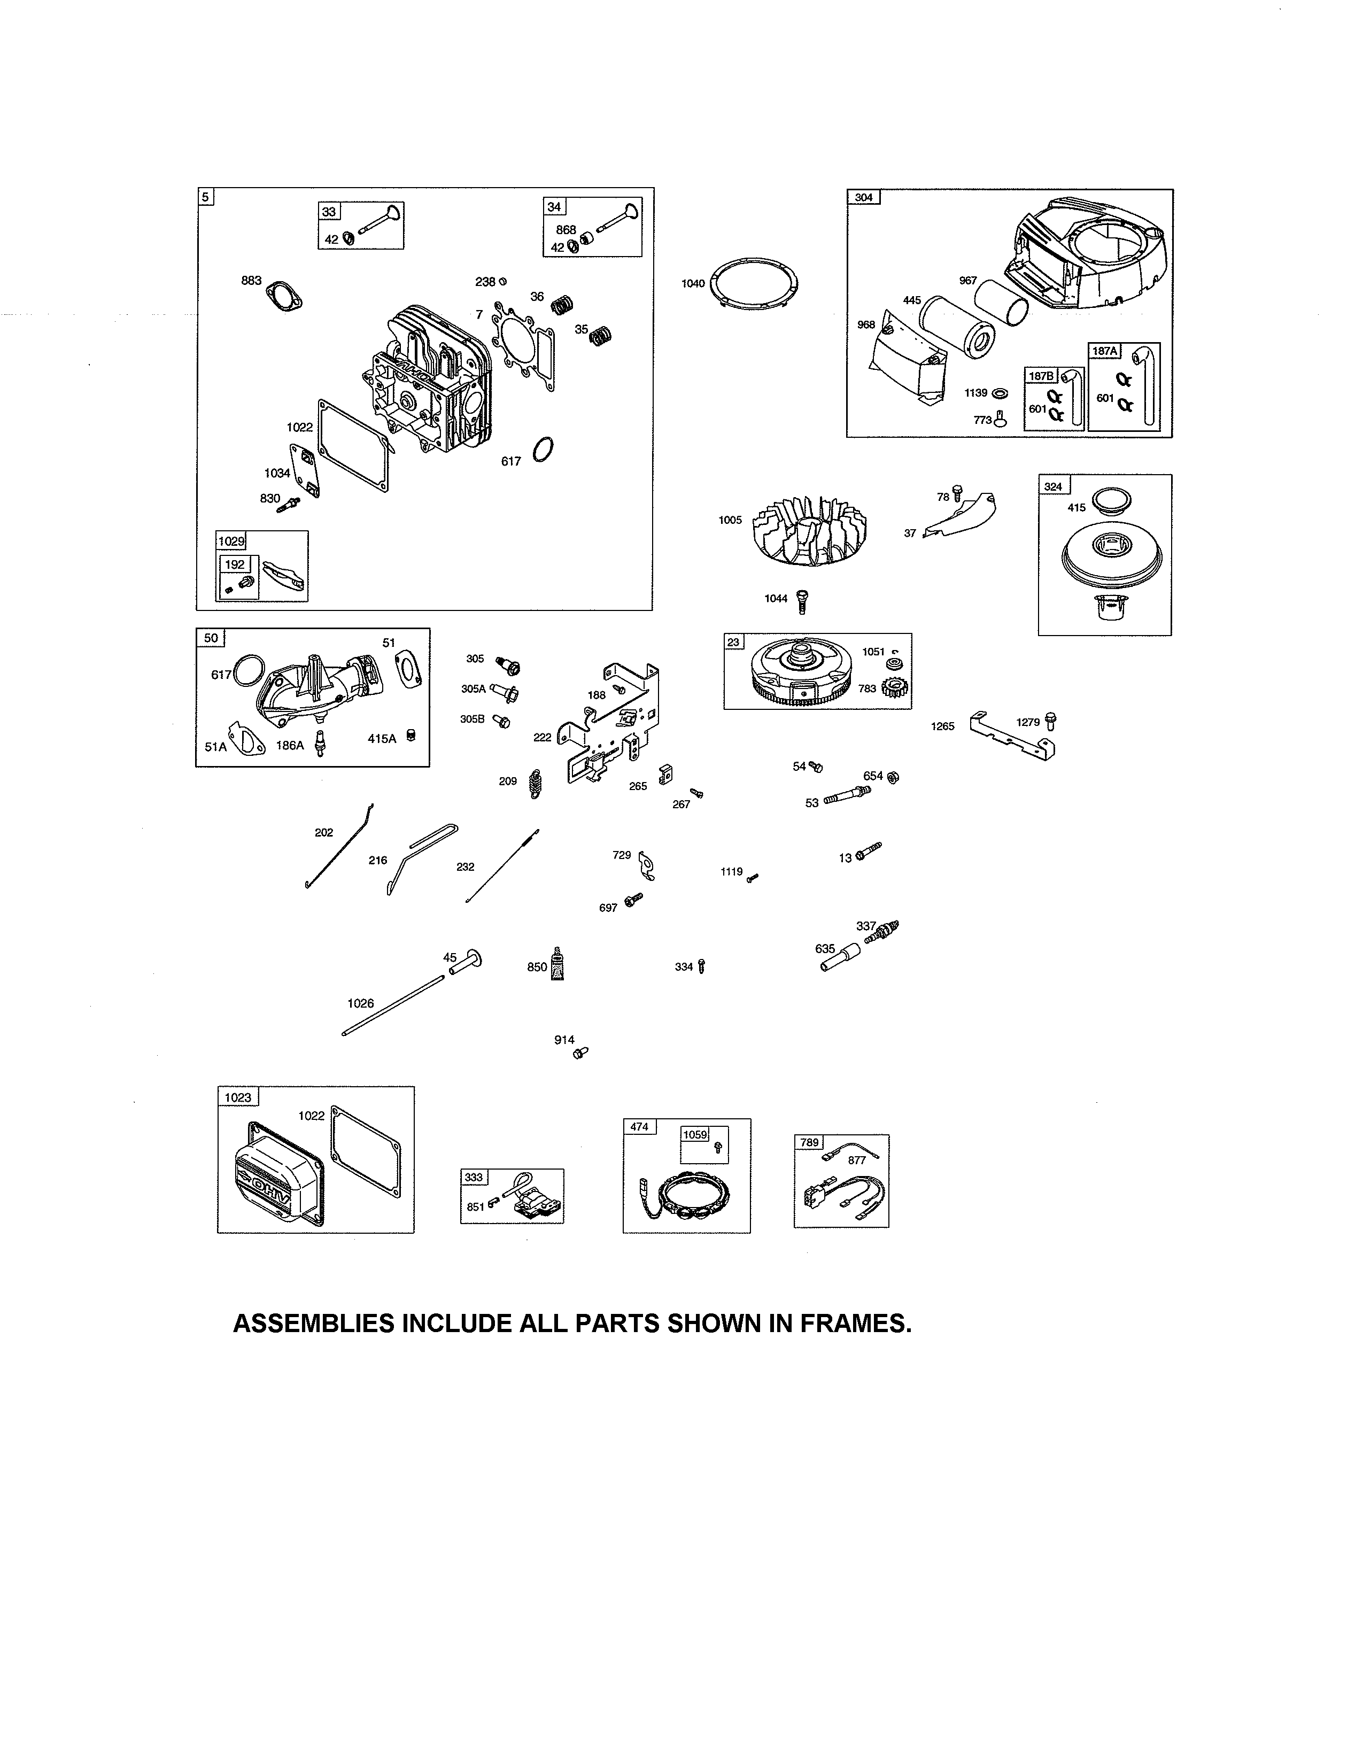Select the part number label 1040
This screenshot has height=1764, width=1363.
[x=693, y=283]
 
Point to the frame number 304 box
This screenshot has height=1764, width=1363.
[x=864, y=197]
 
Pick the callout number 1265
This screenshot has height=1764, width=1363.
[x=942, y=726]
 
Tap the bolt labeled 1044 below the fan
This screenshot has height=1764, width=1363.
[x=803, y=600]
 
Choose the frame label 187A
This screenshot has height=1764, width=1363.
[x=1105, y=351]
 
